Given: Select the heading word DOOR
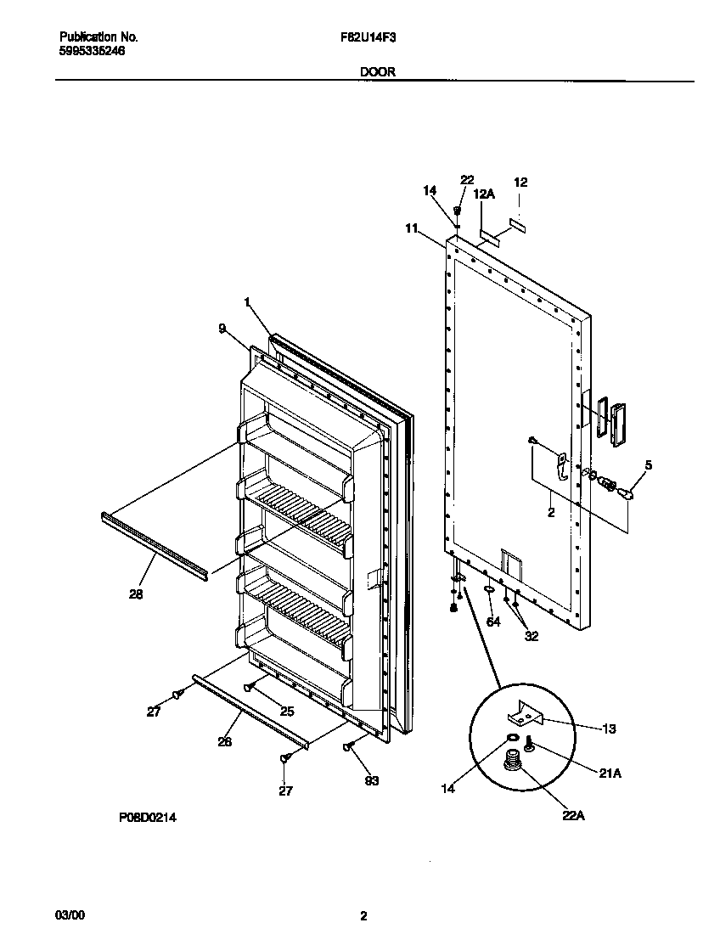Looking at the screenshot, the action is (x=377, y=72).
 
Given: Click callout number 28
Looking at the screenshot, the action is (x=136, y=594).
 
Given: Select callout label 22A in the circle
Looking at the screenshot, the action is (x=574, y=816).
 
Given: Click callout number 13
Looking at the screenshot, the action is (x=609, y=729).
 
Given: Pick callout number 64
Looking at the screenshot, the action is (x=493, y=622).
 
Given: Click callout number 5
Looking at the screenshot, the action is (x=649, y=464).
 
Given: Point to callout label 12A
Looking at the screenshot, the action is (x=484, y=194).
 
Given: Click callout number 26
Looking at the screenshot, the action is (x=224, y=740).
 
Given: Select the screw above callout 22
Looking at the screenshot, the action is (x=458, y=210).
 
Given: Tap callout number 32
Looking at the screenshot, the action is (x=532, y=635).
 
